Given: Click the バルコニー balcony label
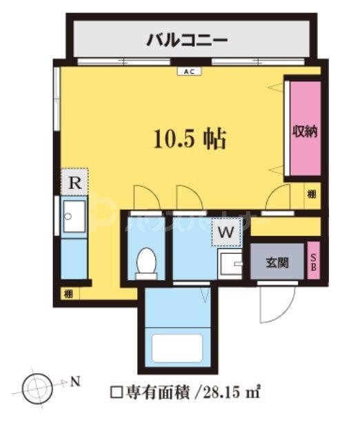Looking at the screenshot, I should coord(187,41).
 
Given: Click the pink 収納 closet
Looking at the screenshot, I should coord(303,131).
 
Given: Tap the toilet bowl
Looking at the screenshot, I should coord(146,261).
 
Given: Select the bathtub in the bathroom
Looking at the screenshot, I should coord(178,351).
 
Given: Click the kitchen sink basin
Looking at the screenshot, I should coord(74,219).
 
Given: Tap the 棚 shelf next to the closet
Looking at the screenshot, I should coord(312,195).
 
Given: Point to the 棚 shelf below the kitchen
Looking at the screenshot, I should coord(68,294).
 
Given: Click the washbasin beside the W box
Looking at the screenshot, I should coord(229,264).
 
